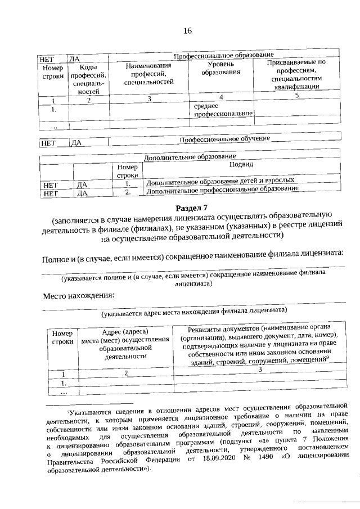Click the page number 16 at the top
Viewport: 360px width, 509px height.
tap(188, 30)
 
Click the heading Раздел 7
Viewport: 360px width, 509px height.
tap(190, 209)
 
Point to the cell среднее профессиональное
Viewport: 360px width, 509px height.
tap(223, 110)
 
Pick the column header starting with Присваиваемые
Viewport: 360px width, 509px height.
tap(296, 74)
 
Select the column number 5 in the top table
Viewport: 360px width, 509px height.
tap(296, 96)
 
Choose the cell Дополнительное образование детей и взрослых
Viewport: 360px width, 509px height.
tap(220, 182)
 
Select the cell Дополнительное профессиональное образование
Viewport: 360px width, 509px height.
tap(222, 190)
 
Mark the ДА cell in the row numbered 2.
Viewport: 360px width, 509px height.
tap(82, 193)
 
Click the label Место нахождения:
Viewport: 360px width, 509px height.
tap(79, 295)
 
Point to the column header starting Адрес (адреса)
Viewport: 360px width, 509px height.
tap(126, 343)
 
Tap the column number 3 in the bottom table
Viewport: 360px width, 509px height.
tap(260, 370)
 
